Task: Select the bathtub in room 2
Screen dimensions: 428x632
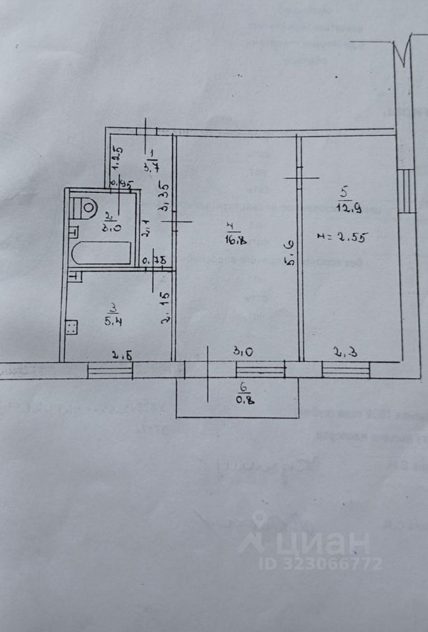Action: pyautogui.click(x=101, y=253)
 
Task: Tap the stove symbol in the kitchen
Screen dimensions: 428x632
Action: pyautogui.click(x=72, y=327)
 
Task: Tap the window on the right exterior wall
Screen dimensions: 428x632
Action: pyautogui.click(x=408, y=190)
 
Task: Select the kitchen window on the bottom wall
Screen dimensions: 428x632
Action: pyautogui.click(x=110, y=370)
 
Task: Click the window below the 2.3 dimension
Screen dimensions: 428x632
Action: pyautogui.click(x=346, y=370)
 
